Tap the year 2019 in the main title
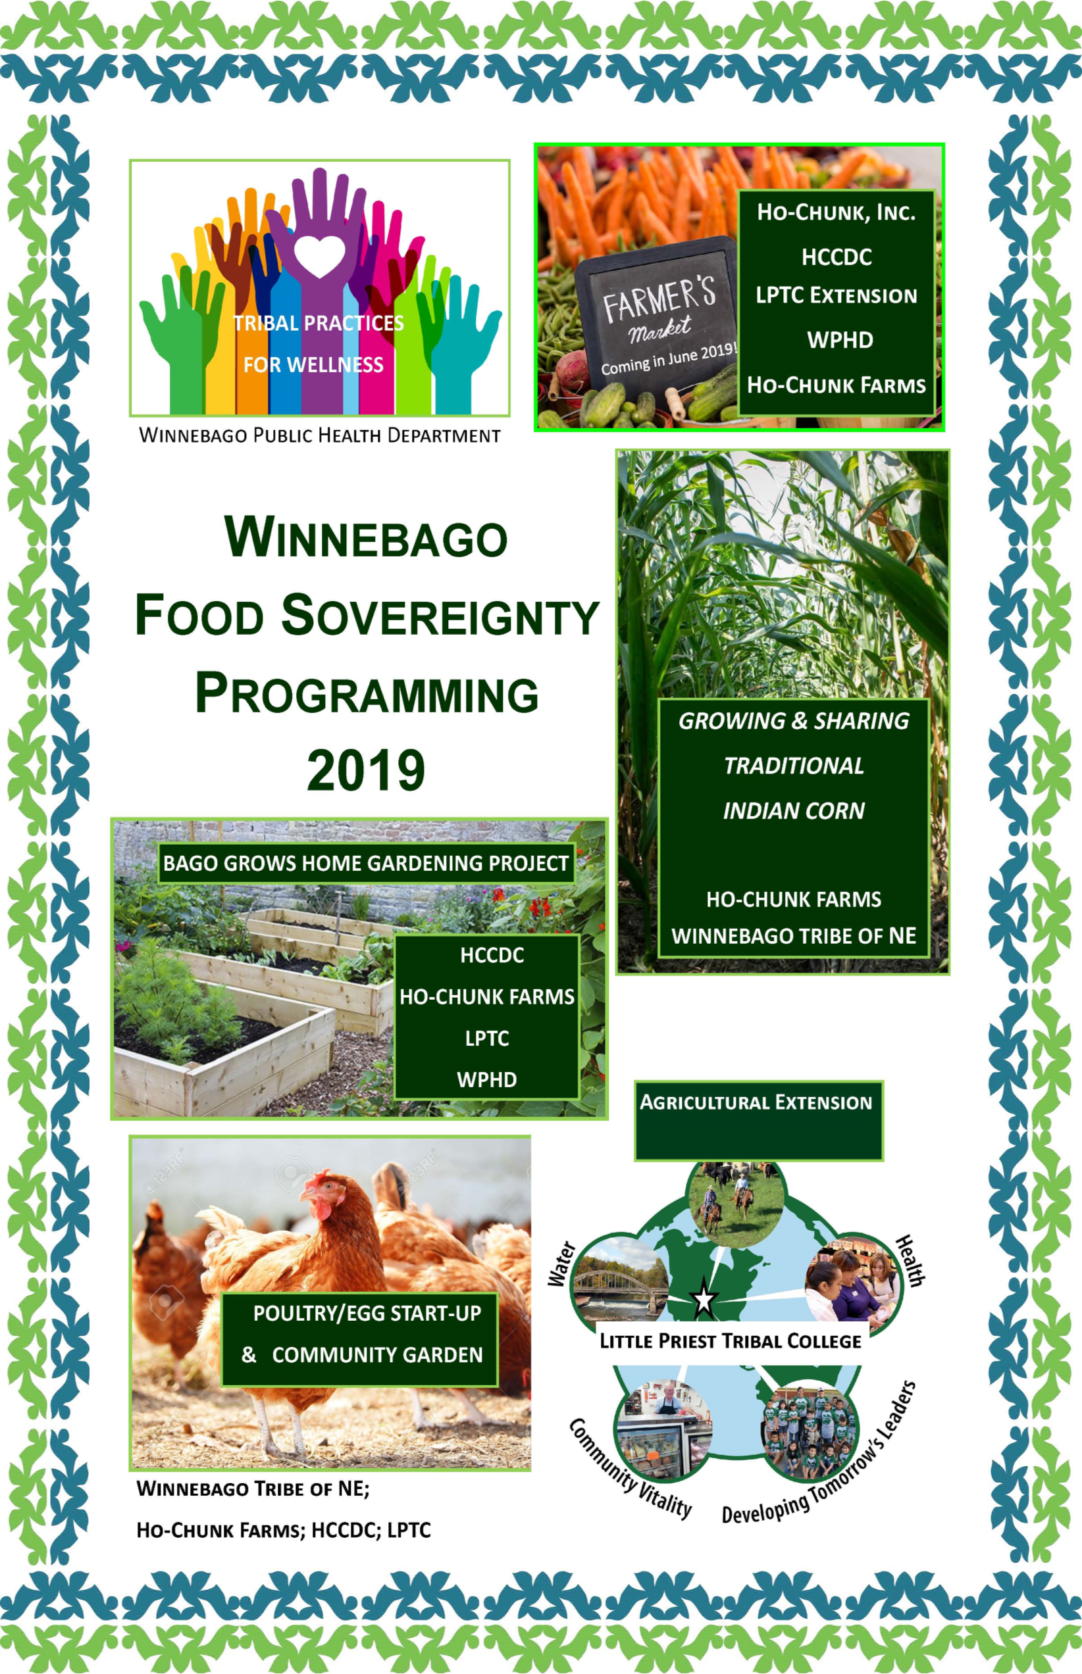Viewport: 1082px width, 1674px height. (366, 771)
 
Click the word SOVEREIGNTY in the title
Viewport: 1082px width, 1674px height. (440, 615)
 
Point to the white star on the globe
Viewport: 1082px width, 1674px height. (704, 1298)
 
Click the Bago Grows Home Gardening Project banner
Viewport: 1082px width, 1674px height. (366, 863)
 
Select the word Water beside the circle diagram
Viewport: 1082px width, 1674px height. (563, 1264)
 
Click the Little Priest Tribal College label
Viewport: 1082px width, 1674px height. (730, 1341)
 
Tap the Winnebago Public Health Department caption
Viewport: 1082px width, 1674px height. (320, 435)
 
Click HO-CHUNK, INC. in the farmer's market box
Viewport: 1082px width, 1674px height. (836, 212)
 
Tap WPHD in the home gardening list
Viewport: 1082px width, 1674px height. (487, 1079)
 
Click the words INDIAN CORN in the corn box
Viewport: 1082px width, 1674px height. (794, 811)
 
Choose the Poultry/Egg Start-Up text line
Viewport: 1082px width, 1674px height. (367, 1313)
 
